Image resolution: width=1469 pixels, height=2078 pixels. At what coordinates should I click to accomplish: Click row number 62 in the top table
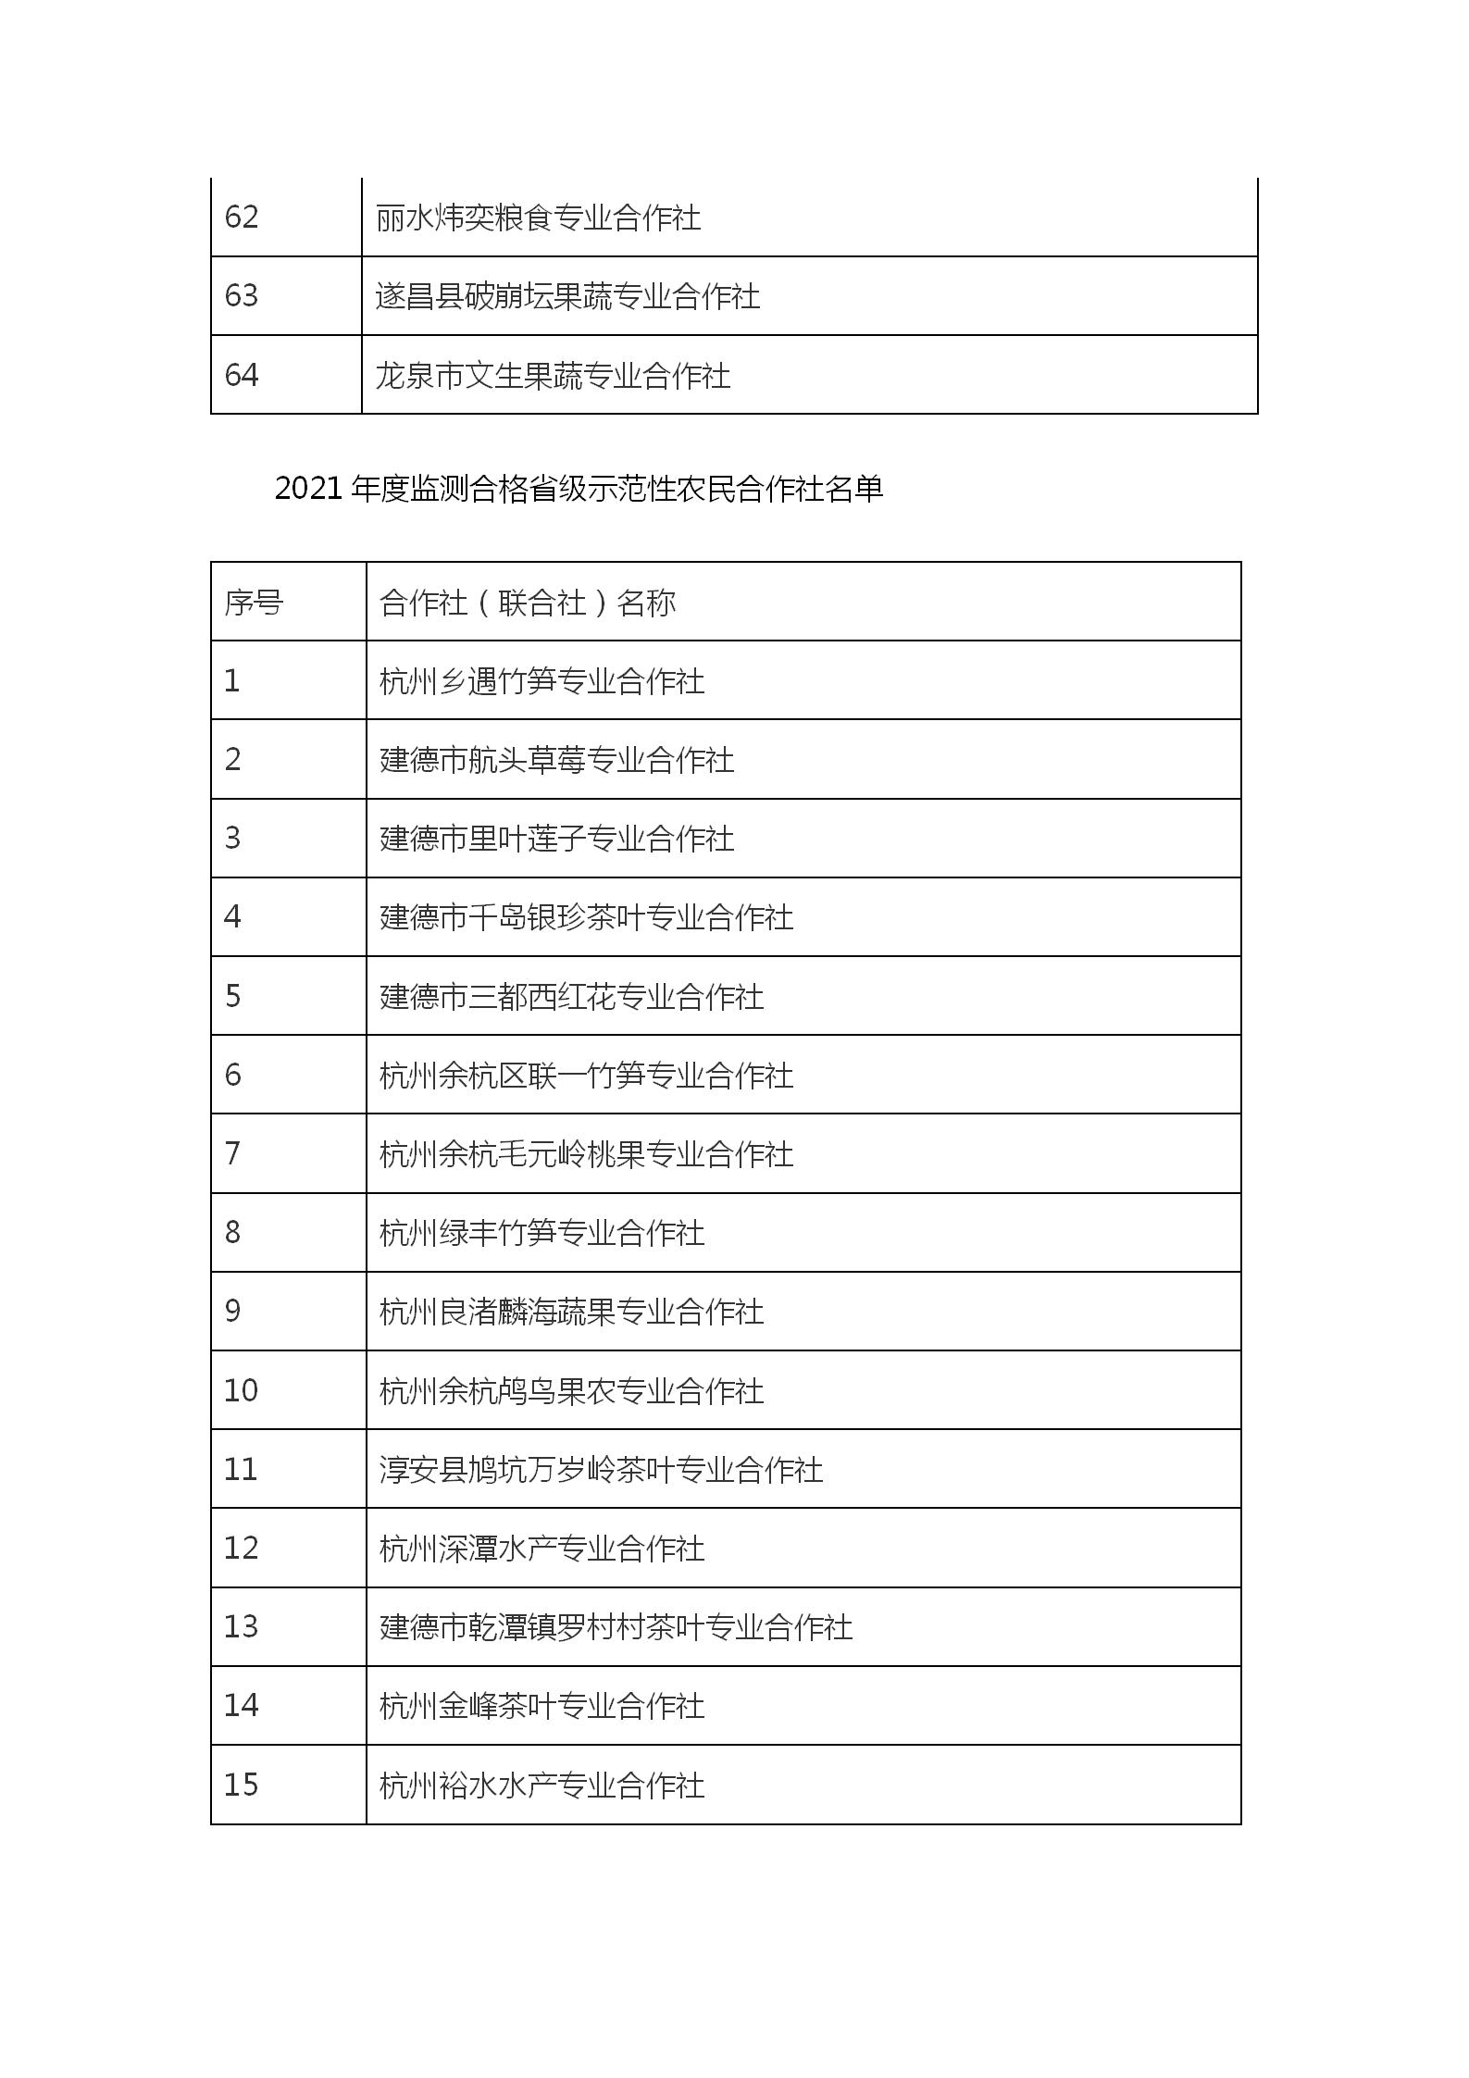(x=242, y=218)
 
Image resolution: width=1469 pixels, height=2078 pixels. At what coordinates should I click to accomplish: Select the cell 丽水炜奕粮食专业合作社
(x=538, y=218)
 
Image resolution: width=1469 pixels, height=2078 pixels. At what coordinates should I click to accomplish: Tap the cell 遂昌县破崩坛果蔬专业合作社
(x=567, y=297)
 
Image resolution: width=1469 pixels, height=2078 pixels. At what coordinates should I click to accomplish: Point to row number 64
(x=242, y=375)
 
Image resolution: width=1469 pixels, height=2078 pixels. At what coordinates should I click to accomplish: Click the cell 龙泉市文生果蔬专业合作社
(x=553, y=376)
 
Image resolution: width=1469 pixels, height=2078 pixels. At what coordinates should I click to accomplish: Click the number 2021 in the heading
(x=309, y=489)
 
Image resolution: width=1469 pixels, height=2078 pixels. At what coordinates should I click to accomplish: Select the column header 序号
(x=254, y=603)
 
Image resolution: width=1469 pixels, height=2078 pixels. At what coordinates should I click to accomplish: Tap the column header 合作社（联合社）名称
(x=528, y=603)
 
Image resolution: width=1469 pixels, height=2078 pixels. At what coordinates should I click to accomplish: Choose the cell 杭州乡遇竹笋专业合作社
(x=542, y=682)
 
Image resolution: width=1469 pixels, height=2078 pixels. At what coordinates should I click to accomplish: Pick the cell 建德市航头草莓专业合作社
(x=556, y=761)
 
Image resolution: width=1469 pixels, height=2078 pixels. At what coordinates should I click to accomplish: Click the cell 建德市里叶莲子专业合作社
(x=556, y=840)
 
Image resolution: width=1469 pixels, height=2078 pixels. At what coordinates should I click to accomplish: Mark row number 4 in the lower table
(x=232, y=917)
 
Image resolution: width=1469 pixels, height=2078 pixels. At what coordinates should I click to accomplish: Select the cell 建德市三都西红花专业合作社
(x=571, y=997)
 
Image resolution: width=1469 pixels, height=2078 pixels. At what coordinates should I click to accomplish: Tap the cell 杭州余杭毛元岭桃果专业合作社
(x=586, y=1154)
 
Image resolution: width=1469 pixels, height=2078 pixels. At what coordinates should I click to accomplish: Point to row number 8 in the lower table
(x=232, y=1233)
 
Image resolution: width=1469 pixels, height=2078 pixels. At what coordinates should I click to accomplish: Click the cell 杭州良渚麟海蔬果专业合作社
(x=571, y=1312)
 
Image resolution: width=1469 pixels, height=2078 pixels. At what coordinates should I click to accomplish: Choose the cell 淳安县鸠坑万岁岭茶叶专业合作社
(x=601, y=1470)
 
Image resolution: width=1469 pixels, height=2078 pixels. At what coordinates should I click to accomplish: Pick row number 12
(x=241, y=1549)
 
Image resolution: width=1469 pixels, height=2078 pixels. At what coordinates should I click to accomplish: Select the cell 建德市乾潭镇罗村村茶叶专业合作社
(x=616, y=1627)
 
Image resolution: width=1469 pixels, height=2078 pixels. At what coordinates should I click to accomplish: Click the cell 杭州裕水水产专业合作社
(x=542, y=1786)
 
